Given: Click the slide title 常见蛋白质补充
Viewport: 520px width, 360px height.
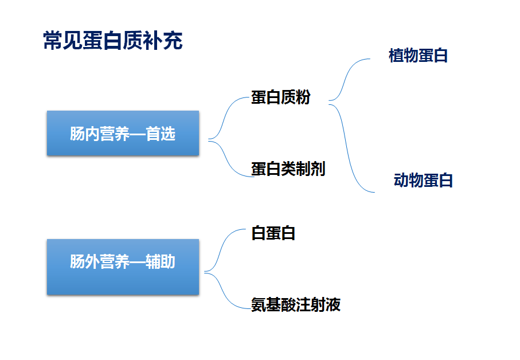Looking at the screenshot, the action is point(113,41).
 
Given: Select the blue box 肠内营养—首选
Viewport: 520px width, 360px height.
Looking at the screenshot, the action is point(123,133).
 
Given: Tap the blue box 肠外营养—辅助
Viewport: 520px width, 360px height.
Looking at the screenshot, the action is point(123,267).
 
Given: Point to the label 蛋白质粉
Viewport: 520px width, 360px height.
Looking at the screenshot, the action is point(280,97).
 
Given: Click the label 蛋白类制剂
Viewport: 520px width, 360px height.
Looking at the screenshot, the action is point(288,169).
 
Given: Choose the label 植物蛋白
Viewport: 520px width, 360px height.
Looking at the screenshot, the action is point(418,56).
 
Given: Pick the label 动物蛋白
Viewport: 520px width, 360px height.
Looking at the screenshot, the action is point(423,181).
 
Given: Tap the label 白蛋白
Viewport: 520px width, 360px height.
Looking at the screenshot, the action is point(273,233).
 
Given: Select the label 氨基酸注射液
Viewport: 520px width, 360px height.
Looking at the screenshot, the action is point(296,304).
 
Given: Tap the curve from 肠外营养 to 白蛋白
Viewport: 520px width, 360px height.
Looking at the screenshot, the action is point(221,249).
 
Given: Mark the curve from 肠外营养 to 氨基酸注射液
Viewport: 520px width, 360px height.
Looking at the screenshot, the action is point(223,292).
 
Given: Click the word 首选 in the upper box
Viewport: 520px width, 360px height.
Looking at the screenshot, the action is point(161,134).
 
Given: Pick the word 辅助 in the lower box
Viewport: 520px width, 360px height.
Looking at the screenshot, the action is point(161,261).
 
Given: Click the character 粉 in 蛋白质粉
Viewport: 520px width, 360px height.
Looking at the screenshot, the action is point(303,97).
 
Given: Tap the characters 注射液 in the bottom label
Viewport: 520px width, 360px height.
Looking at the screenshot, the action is point(318,304).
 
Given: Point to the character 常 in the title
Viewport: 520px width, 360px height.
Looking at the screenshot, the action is point(53,41).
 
